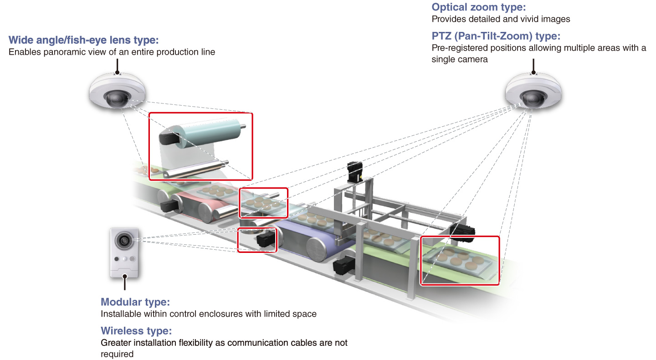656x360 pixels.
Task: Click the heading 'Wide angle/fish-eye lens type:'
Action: tap(83, 40)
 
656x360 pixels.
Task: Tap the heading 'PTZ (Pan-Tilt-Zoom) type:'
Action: tap(496, 36)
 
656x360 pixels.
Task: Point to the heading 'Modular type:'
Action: tap(135, 302)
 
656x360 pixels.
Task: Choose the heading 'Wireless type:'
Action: tap(136, 331)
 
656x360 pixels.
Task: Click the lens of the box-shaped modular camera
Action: tap(123, 239)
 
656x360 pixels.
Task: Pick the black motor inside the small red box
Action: tap(264, 239)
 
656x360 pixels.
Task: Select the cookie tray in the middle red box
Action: tap(263, 202)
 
